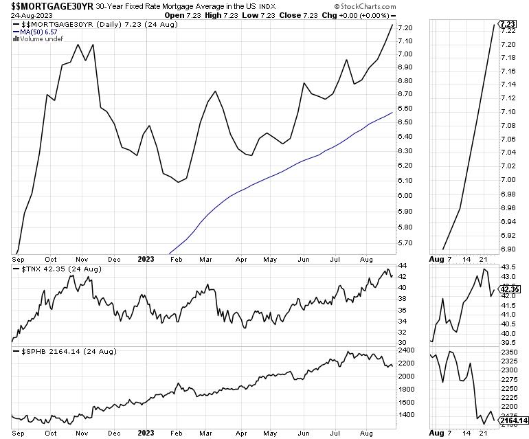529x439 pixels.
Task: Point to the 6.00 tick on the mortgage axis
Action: point(404,196)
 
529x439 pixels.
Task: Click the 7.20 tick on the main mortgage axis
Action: point(404,28)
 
